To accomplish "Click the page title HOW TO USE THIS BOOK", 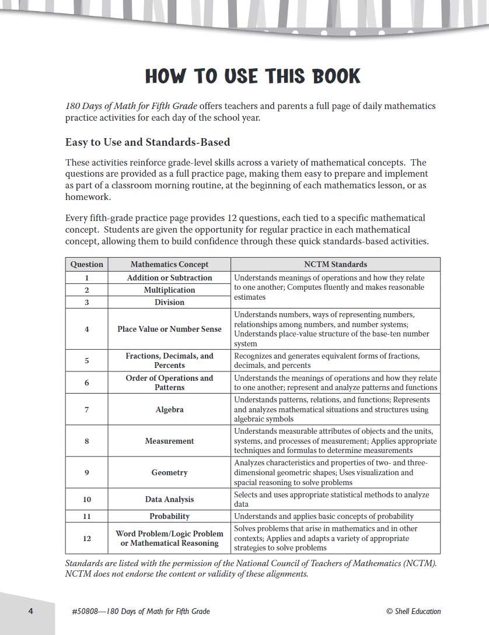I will [x=253, y=76].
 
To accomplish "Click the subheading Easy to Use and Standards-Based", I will [x=148, y=142].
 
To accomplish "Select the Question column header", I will [x=86, y=264].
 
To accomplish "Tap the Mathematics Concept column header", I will [x=169, y=264].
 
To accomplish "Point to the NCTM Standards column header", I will [x=336, y=264].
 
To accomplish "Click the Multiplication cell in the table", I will [x=169, y=290].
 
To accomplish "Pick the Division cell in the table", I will [x=169, y=302].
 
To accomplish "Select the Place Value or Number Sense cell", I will [x=169, y=329].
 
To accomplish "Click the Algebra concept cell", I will [x=169, y=409].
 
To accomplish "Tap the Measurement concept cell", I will [x=169, y=441].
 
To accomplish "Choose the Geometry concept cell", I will [x=169, y=472].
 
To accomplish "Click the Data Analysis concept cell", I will [x=169, y=499].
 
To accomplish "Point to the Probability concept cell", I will [x=169, y=516].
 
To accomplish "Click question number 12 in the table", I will [x=86, y=538].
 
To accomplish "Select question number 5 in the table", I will [x=86, y=360].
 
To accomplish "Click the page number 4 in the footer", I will [x=30, y=611].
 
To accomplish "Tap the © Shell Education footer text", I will [x=413, y=611].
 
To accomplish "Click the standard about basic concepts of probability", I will [x=324, y=516].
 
